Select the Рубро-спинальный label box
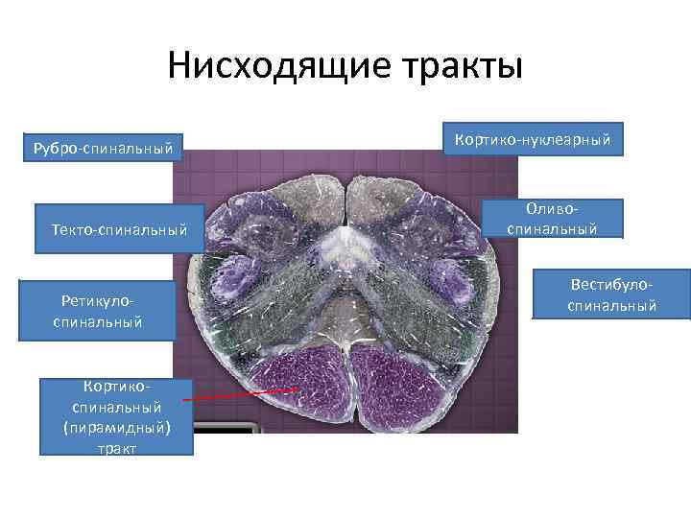coord(103,148)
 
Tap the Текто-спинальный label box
coord(119,229)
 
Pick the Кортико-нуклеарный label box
coord(533,140)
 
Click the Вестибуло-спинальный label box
coord(611,295)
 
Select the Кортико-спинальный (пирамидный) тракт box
coord(116,416)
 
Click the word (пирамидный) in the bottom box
coord(116,428)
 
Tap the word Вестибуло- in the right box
coord(612,286)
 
